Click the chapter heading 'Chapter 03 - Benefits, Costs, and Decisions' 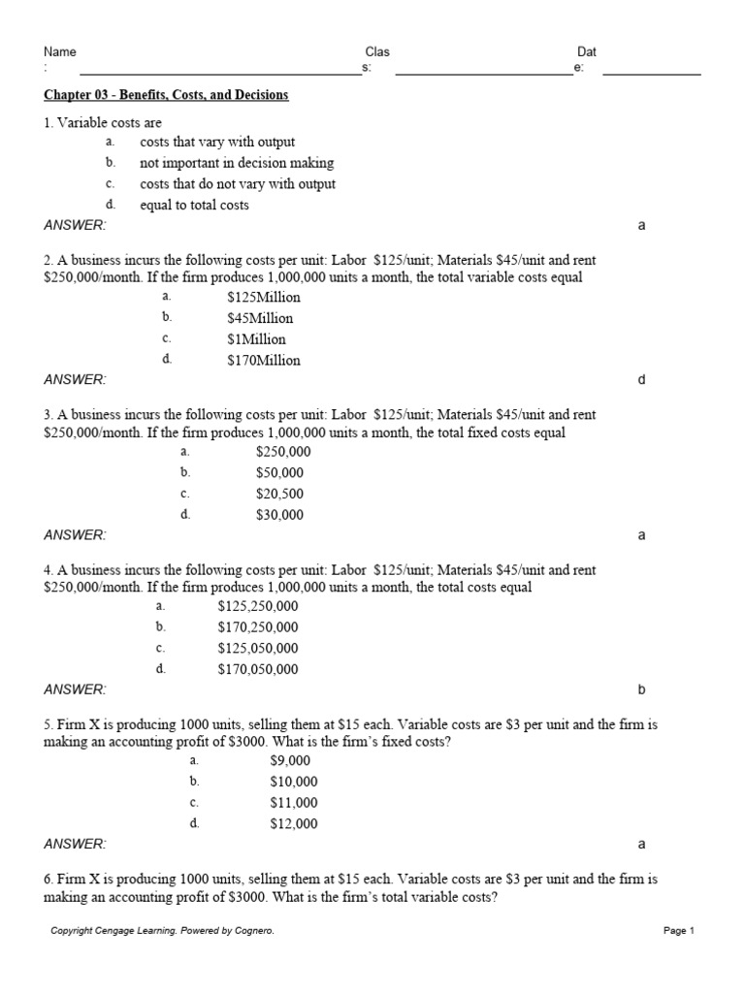tap(166, 95)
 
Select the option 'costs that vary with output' tap(217, 143)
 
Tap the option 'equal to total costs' tap(194, 205)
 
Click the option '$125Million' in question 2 tap(264, 298)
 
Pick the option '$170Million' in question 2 tap(264, 360)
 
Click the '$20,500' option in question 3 tap(279, 494)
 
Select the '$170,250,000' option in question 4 tap(258, 627)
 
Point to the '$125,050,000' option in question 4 tap(258, 648)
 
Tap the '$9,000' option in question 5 tap(290, 761)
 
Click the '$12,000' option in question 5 tap(293, 824)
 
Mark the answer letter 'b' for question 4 tap(641, 689)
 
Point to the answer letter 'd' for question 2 tap(641, 380)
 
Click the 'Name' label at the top tap(60, 52)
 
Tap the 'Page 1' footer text tap(679, 931)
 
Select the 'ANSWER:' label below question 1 tap(75, 225)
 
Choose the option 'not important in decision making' tap(237, 163)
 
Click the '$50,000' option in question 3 tap(279, 473)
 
